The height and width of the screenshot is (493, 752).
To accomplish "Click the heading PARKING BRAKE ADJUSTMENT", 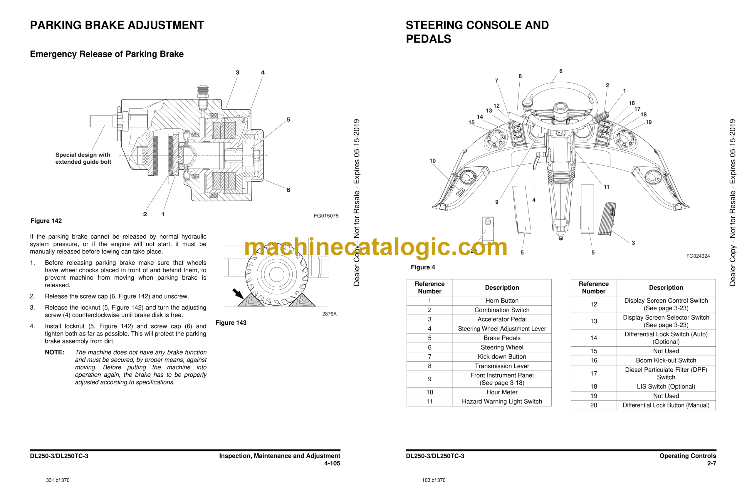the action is [117, 25].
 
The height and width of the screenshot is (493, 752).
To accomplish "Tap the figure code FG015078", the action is [326, 216].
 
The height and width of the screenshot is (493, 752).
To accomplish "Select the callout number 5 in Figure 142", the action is [288, 120].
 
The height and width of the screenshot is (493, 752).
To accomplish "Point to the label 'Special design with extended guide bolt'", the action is [83, 158].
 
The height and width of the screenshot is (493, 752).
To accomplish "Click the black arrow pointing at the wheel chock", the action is [238, 294].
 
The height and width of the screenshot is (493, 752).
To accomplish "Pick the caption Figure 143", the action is [231, 323].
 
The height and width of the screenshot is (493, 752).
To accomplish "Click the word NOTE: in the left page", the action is [54, 352].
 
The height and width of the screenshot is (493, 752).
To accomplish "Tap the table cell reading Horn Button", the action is [502, 301].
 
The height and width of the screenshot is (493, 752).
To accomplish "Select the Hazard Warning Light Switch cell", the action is [502, 401].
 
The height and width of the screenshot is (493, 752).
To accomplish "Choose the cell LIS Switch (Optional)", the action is [666, 387].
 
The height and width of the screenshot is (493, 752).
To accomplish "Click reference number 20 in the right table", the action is [594, 405].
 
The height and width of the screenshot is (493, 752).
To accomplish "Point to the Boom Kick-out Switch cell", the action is [666, 360].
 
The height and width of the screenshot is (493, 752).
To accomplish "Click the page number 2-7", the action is [711, 463].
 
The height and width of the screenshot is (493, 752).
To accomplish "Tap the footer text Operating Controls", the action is [688, 456].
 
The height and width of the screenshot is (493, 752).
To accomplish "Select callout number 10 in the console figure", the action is [432, 161].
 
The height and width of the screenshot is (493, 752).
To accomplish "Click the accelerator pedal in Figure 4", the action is [607, 219].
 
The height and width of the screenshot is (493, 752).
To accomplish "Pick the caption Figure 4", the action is [423, 267].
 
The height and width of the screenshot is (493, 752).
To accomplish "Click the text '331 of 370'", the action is [58, 480].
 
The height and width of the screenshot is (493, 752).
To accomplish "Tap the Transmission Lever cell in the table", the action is [502, 366].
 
